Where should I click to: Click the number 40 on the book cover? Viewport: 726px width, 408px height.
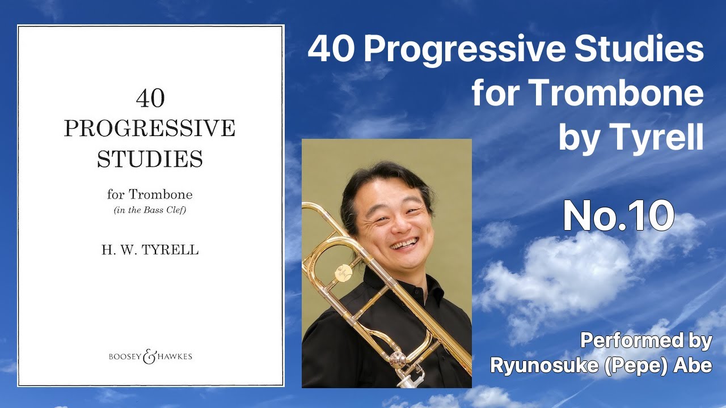click(150, 99)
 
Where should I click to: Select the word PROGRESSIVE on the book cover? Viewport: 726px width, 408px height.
click(150, 129)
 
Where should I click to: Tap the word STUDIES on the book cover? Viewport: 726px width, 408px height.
click(150, 159)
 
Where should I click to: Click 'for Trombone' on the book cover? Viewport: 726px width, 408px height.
click(150, 194)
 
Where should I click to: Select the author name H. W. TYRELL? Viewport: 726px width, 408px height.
click(150, 250)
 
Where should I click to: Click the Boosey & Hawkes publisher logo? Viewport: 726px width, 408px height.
click(150, 356)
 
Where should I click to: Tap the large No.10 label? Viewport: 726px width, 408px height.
click(618, 216)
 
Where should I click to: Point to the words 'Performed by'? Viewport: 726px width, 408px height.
click(645, 341)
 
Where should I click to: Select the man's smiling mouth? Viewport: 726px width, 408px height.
click(403, 244)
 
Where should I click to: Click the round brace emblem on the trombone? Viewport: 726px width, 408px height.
click(343, 272)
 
